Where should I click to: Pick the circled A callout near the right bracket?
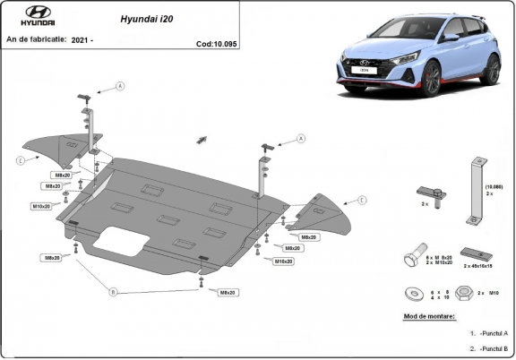pyautogui.click(x=301, y=139)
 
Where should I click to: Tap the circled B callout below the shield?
pyautogui.click(x=113, y=292)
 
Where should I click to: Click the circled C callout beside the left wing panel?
pyautogui.click(x=19, y=160)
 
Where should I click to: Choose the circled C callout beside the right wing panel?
pyautogui.click(x=362, y=200)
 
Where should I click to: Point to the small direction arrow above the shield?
pyautogui.click(x=202, y=139)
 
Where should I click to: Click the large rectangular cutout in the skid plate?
pyautogui.click(x=122, y=240)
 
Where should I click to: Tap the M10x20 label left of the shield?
pyautogui.click(x=42, y=206)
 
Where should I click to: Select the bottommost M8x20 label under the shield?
pyautogui.click(x=227, y=292)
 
